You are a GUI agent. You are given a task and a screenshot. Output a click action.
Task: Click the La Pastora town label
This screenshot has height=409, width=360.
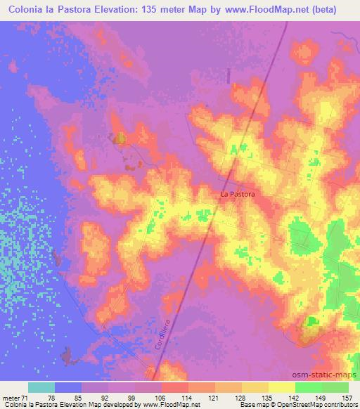click(x=237, y=193)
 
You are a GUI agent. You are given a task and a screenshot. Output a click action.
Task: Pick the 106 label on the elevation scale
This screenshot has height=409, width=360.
click(x=140, y=398)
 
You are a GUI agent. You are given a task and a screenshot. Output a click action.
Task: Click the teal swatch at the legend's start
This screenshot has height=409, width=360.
click(x=41, y=387)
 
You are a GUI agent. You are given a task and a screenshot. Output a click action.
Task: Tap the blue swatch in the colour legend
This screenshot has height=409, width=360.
click(x=68, y=387)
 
